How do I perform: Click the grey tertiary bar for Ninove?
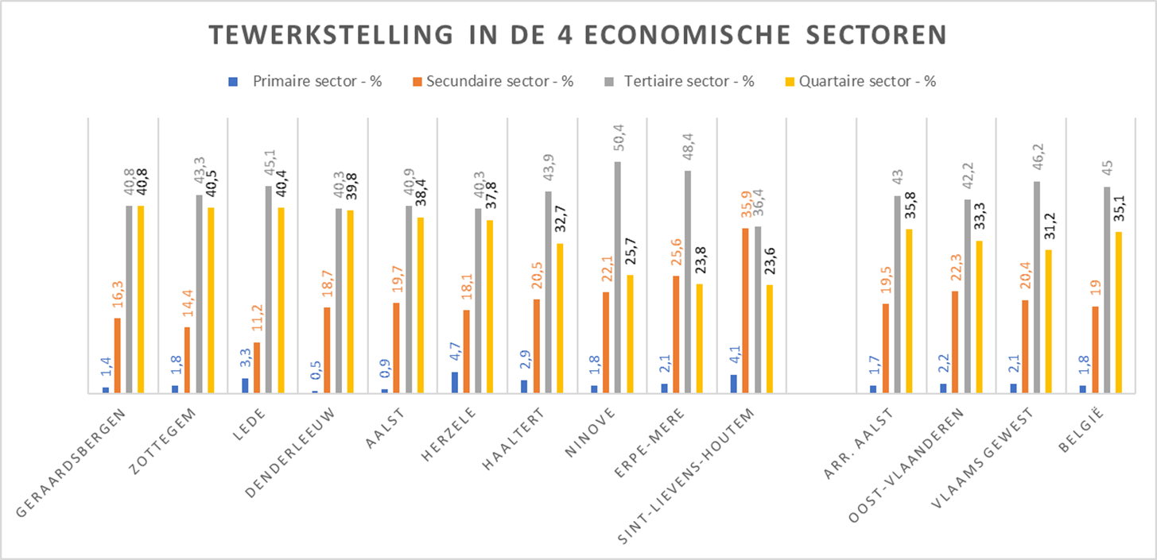[618, 277]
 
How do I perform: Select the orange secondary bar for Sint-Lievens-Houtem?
[746, 311]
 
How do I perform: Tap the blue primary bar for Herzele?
[455, 382]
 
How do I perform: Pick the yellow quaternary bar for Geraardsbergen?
[141, 299]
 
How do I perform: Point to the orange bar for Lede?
[257, 367]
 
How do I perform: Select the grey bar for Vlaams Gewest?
[1037, 287]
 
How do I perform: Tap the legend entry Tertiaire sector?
[689, 81]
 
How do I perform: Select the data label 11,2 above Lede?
[257, 324]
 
